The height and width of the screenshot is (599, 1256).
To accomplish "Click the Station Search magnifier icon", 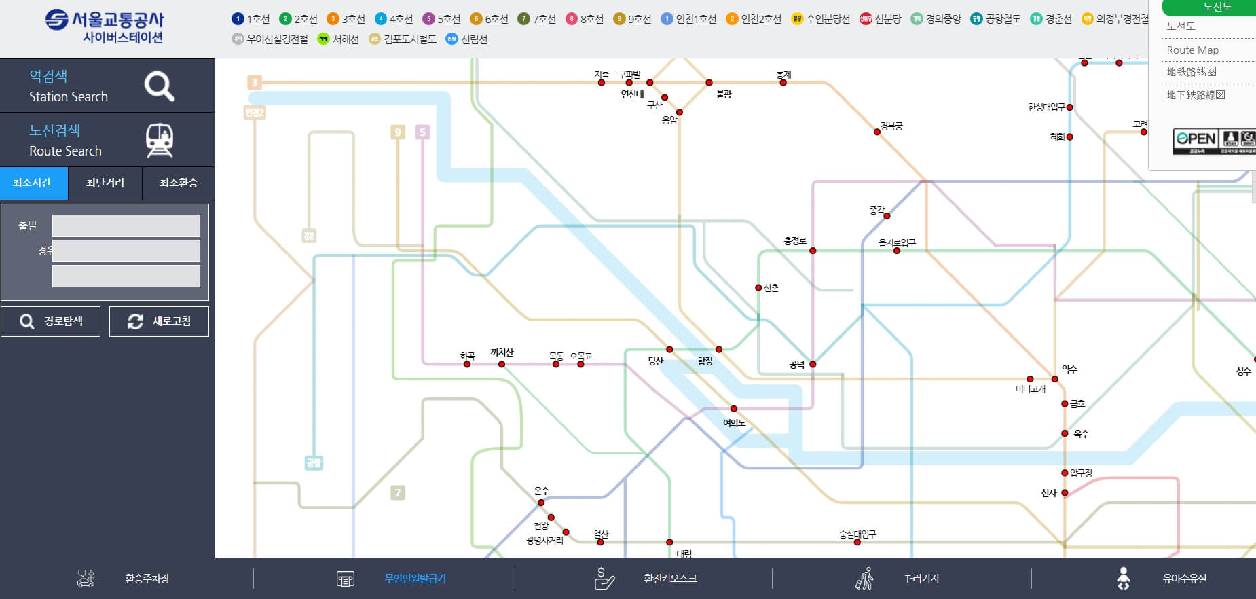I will point(159,86).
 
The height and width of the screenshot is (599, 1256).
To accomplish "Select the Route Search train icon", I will point(160,141).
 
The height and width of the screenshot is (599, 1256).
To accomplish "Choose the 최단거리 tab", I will point(105,183).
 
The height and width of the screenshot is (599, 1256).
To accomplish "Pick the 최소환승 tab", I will point(179,183).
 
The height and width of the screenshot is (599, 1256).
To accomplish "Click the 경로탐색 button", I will point(51,321).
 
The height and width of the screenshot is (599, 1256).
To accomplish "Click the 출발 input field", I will point(126,226).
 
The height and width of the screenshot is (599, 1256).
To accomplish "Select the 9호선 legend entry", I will point(632,19).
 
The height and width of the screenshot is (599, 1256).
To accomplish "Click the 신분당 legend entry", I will point(881,19).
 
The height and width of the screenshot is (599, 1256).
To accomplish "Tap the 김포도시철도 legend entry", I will point(403,39).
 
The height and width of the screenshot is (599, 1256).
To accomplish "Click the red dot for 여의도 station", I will point(734,409).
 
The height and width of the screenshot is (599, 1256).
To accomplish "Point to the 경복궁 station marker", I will point(877,132).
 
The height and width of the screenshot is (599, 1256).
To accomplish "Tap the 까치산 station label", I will point(502,352).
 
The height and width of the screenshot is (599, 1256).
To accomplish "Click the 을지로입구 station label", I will point(897,242).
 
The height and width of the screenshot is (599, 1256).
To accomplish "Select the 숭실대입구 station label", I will point(857,534).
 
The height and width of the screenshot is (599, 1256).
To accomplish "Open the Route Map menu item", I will point(1193,50).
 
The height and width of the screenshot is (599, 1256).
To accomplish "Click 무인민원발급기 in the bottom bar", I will point(415,579).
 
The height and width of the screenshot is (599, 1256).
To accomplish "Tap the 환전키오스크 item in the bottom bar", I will point(670,579).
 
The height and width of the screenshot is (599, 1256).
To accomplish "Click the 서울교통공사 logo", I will point(105,27).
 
